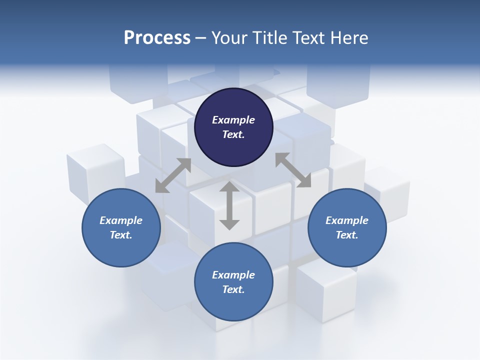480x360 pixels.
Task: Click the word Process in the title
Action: [x=157, y=37]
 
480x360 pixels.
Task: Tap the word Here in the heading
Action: [x=349, y=37]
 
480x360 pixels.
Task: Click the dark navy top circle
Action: [x=233, y=127]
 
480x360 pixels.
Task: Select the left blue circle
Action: [x=121, y=228]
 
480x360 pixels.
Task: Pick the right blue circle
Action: [x=347, y=228]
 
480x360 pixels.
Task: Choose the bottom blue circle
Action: [x=233, y=282]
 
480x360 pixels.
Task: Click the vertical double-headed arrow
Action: [x=229, y=205]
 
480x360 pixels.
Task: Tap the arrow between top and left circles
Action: [x=173, y=175]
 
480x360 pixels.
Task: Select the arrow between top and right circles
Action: [x=293, y=170]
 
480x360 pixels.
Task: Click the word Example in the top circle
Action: [x=233, y=120]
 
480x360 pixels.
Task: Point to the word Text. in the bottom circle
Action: [x=233, y=289]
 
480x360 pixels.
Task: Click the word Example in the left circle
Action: [x=121, y=220]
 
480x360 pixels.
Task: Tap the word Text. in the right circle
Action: [x=347, y=235]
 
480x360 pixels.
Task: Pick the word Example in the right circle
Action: [x=347, y=220]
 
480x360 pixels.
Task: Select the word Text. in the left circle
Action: [x=121, y=235]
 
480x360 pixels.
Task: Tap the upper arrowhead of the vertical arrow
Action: [x=229, y=186]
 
